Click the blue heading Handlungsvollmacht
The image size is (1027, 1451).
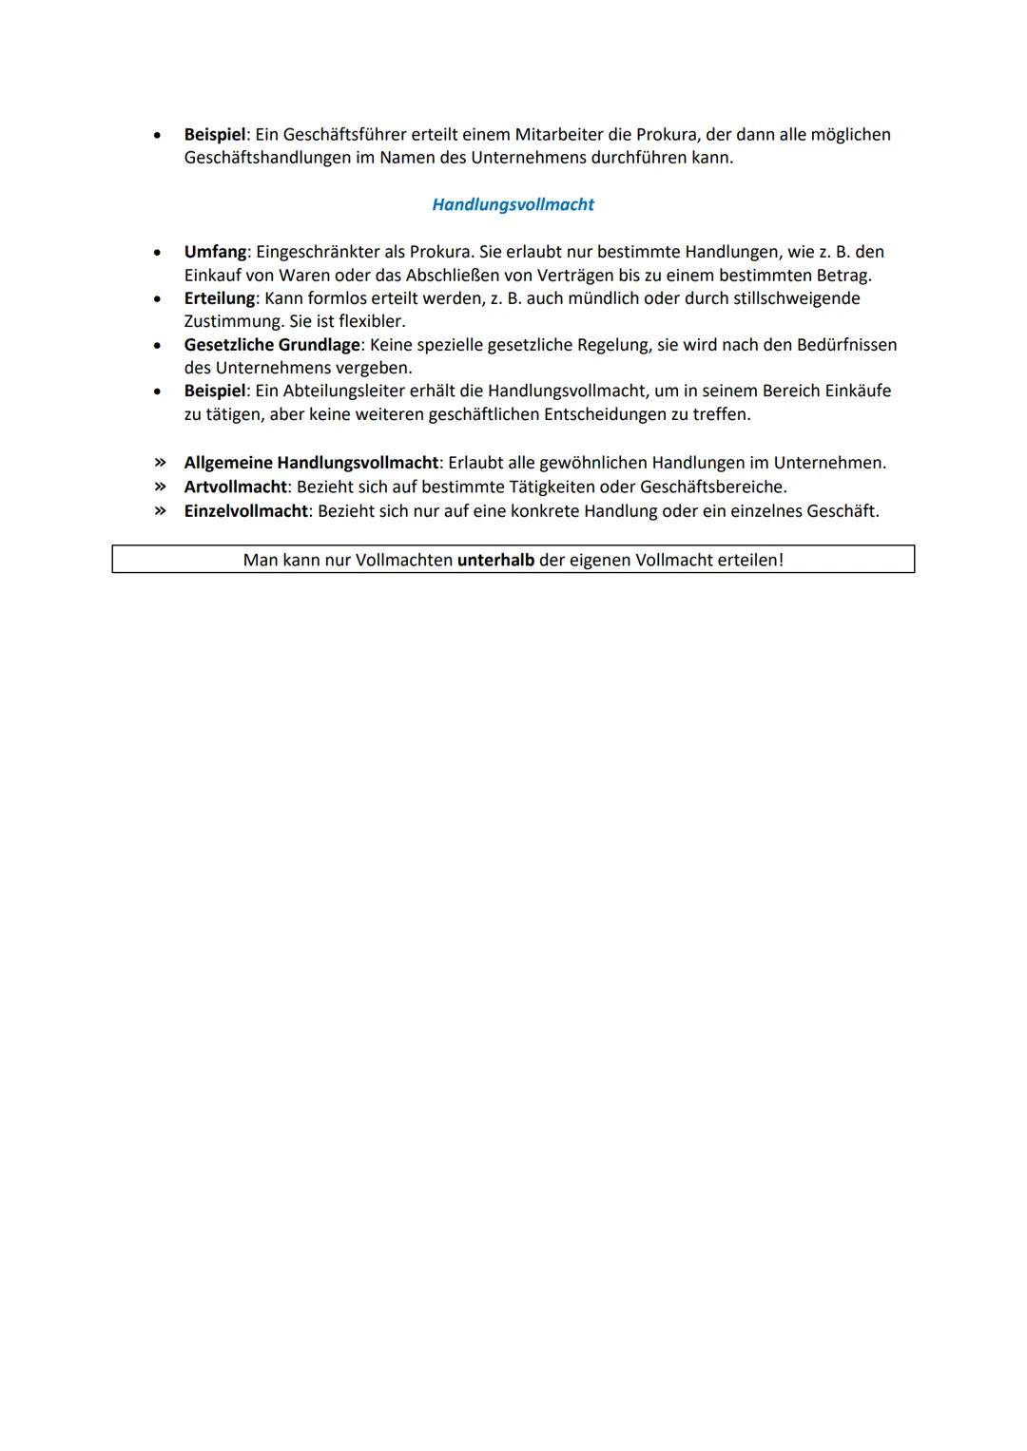pos(513,204)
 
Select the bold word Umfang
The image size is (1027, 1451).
pos(215,252)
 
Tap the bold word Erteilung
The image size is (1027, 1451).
pos(219,298)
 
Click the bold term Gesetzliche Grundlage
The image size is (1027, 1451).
pos(272,345)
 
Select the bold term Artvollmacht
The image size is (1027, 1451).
pos(235,487)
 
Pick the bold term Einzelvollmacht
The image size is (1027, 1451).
pos(245,511)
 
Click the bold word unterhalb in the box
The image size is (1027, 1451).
pos(495,560)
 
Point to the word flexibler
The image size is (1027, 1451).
pos(372,321)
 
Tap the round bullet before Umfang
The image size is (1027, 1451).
pos(156,253)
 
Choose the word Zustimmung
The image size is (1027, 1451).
pos(233,321)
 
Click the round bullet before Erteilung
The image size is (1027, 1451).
pos(156,299)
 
